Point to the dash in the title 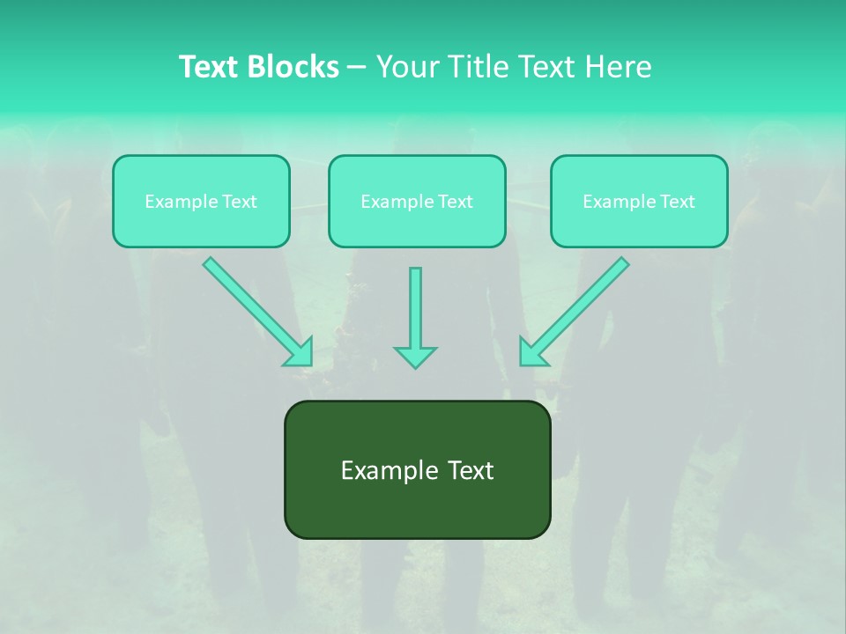click(357, 67)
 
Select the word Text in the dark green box click(469, 470)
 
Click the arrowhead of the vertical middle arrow click(415, 356)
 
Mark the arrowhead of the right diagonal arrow click(532, 353)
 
